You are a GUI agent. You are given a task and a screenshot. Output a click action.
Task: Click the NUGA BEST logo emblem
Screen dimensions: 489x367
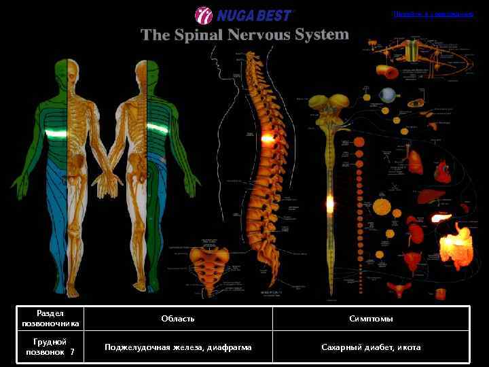(x=203, y=15)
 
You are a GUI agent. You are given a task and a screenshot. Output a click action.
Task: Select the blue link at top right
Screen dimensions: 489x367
(x=433, y=14)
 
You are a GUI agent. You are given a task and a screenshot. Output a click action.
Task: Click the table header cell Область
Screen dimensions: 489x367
(x=178, y=318)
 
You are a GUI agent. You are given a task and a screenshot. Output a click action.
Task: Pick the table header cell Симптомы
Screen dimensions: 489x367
(x=371, y=318)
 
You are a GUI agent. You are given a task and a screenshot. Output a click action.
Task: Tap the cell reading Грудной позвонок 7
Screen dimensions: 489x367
(x=50, y=347)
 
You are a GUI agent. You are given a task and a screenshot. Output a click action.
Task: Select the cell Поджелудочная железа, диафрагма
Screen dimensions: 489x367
(x=178, y=347)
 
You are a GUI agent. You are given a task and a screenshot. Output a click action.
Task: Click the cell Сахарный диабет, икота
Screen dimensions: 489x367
(x=371, y=347)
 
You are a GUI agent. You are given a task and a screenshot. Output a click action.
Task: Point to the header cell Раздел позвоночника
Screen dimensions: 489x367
(x=50, y=318)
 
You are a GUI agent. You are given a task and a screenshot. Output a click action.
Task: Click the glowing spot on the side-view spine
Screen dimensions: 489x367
(x=267, y=138)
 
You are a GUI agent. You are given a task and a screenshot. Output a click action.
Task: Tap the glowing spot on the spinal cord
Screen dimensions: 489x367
(x=330, y=202)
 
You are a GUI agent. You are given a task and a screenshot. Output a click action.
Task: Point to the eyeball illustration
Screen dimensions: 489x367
(x=388, y=94)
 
